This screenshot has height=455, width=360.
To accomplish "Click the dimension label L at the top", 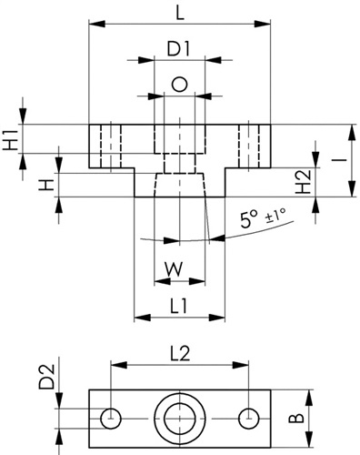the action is click(x=180, y=14).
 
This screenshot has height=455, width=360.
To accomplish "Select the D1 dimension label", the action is click(x=178, y=49).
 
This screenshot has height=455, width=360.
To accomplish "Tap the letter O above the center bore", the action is click(x=179, y=85).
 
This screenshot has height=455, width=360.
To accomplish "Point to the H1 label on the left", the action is click(x=11, y=139).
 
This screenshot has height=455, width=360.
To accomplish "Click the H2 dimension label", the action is click(x=304, y=182).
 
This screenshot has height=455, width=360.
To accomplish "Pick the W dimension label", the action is click(x=174, y=268).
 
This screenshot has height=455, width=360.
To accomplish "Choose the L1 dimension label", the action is click(x=179, y=307).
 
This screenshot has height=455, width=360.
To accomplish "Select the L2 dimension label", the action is click(x=180, y=354).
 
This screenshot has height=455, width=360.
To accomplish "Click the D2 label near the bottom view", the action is click(x=46, y=377).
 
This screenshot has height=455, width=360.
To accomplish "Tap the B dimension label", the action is click(x=296, y=419).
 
